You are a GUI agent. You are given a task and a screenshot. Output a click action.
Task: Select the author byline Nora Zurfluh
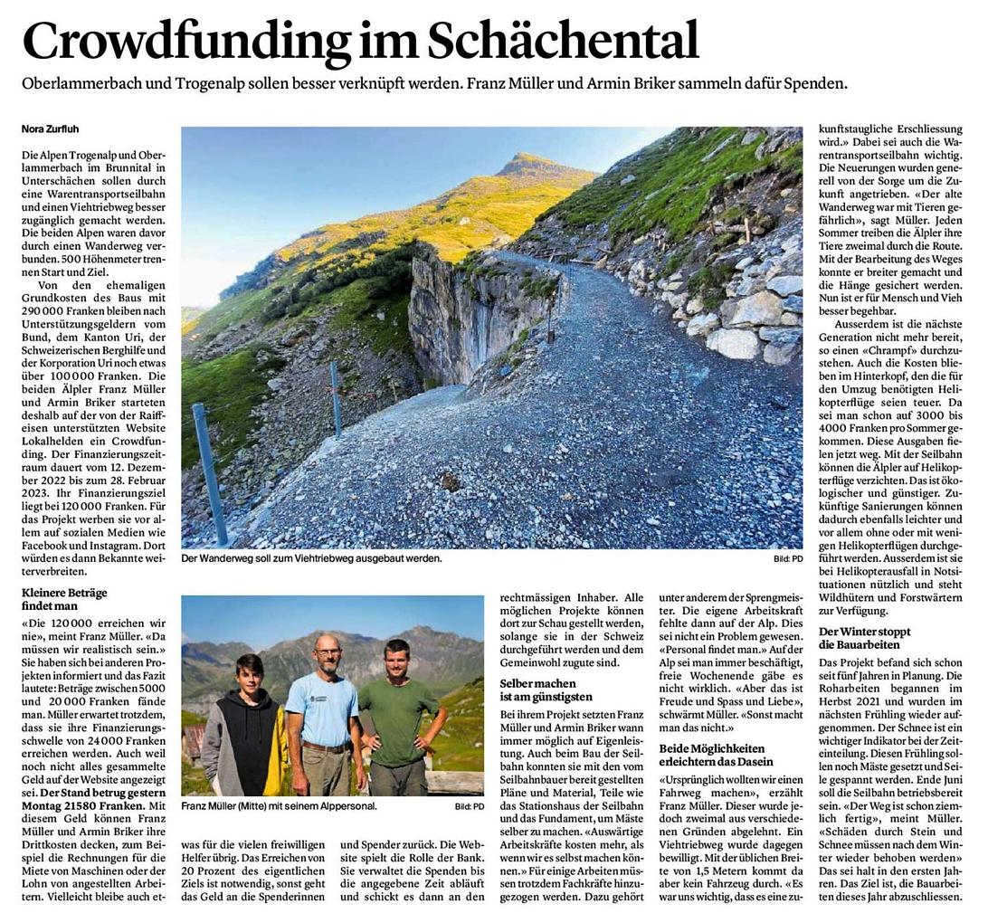pos(52,129)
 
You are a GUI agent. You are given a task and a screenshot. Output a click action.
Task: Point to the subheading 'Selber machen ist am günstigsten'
pos(546,690)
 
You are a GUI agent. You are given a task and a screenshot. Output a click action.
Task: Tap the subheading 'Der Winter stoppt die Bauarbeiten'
pos(864,638)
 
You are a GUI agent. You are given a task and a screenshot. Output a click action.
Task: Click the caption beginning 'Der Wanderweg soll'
pos(311,558)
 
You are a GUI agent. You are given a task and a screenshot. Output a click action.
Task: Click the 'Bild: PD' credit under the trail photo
pos(788,559)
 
